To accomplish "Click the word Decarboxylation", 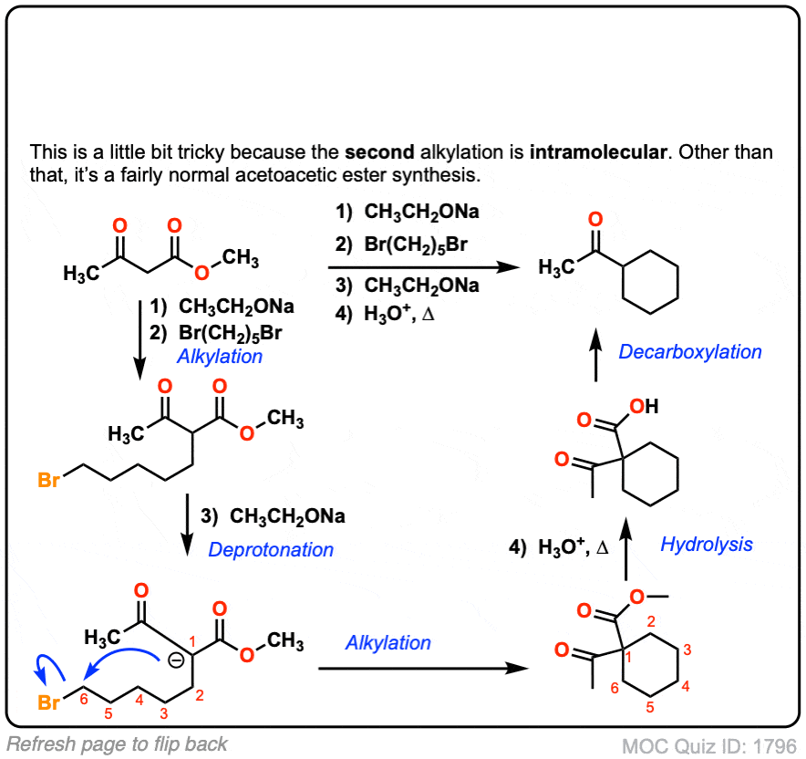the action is (690, 352).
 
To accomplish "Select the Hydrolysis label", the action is (707, 544).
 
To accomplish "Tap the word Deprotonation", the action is (271, 550).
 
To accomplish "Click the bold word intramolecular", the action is (598, 152).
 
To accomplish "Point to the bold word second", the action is (379, 152).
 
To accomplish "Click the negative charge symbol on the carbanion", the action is (176, 660).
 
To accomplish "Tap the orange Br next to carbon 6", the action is (49, 702).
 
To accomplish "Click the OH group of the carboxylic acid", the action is (644, 406).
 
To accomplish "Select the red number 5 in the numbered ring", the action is (650, 707).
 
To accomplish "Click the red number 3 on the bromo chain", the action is (163, 713).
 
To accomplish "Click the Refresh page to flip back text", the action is (117, 744).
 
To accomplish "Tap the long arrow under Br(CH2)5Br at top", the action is (424, 267).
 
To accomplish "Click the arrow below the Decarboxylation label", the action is (595, 355).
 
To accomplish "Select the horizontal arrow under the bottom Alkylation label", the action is (424, 668).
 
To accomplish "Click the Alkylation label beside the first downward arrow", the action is (220, 357).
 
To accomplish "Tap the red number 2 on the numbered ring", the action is (651, 621).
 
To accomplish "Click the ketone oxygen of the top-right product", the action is (595, 219).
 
